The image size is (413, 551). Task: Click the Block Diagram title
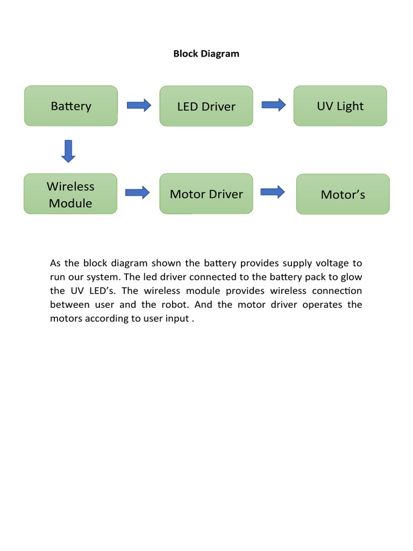click(x=206, y=54)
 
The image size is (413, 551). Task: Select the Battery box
click(x=71, y=106)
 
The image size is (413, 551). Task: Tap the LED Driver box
click(x=206, y=106)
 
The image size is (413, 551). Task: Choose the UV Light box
click(x=340, y=106)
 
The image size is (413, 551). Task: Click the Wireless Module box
click(x=70, y=194)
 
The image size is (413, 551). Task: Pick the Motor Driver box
click(x=206, y=194)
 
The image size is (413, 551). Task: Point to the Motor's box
click(x=343, y=194)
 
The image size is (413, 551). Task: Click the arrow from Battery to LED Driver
click(x=139, y=105)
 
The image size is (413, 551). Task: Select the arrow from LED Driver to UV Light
click(x=273, y=105)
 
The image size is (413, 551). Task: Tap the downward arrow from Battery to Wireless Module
click(x=68, y=151)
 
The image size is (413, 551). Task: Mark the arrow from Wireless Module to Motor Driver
click(x=138, y=193)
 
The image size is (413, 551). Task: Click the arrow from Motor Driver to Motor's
click(x=273, y=192)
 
